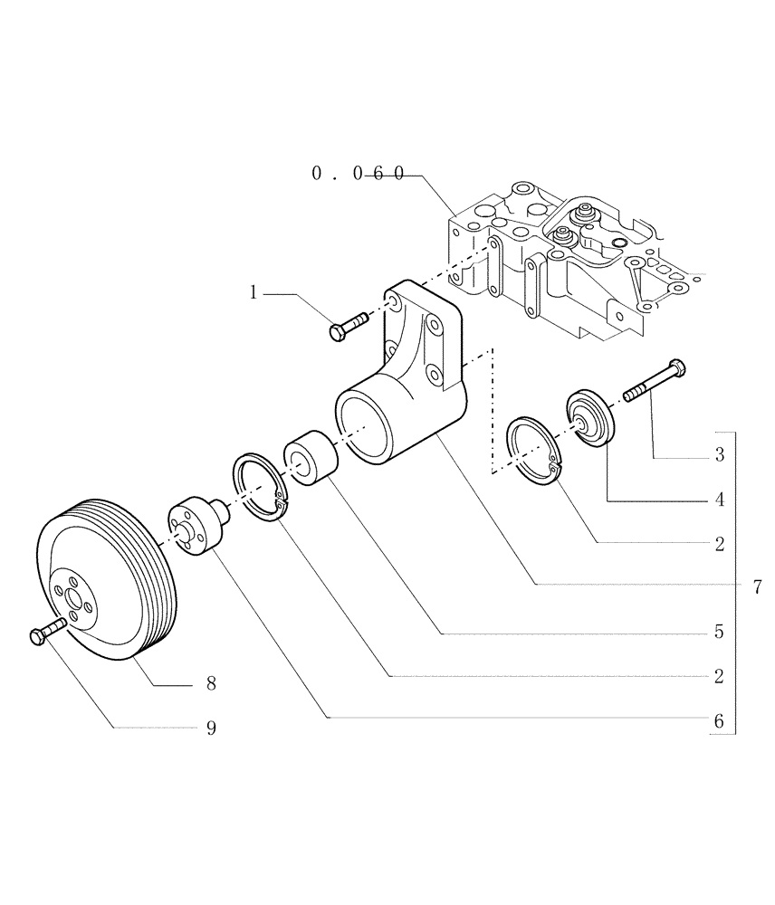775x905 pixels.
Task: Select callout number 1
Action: [254, 292]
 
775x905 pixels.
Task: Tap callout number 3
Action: [719, 455]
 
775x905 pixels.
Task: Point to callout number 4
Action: [719, 500]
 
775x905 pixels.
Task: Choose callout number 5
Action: [719, 633]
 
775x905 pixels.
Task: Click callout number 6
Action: [719, 720]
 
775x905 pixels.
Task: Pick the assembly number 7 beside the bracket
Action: [757, 587]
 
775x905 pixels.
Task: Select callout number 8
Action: [211, 685]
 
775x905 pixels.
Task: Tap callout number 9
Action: [211, 729]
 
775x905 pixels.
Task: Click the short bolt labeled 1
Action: [349, 325]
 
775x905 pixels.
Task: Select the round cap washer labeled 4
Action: [589, 418]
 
